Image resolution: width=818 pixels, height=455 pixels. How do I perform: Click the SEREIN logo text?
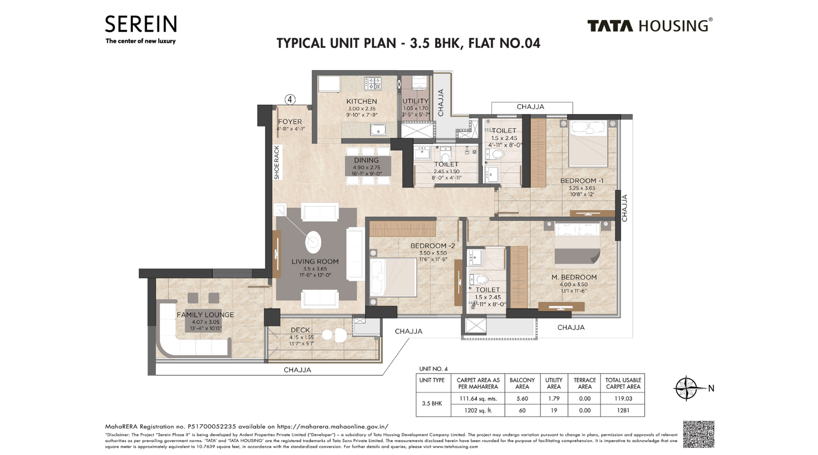pyautogui.click(x=141, y=24)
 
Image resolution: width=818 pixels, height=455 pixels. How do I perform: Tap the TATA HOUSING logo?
pyautogui.click(x=649, y=26)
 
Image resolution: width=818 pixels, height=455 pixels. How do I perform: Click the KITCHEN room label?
pyautogui.click(x=361, y=101)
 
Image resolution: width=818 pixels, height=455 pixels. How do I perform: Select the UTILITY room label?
pyautogui.click(x=415, y=101)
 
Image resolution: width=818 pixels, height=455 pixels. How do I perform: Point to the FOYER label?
pyautogui.click(x=290, y=122)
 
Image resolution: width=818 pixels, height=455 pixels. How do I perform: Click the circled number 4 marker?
pyautogui.click(x=290, y=99)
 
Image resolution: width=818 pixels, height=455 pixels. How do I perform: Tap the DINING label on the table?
pyautogui.click(x=366, y=160)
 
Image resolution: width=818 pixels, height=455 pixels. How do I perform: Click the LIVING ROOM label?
pyautogui.click(x=315, y=262)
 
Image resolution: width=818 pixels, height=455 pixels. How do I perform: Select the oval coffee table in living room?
pyautogui.click(x=313, y=242)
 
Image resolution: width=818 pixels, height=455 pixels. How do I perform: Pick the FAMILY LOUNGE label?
pyautogui.click(x=205, y=315)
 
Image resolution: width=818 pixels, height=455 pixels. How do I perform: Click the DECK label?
pyautogui.click(x=301, y=330)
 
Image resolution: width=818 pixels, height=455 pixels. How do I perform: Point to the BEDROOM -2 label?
pyautogui.click(x=433, y=246)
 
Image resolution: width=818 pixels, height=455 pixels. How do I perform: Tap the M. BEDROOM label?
pyautogui.click(x=574, y=277)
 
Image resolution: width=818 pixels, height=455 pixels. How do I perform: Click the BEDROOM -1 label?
pyautogui.click(x=581, y=181)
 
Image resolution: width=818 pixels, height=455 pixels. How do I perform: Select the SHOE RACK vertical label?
pyautogui.click(x=277, y=162)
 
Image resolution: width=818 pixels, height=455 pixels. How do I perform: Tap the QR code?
pyautogui.click(x=698, y=435)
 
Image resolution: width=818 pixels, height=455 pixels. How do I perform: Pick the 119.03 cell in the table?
pyautogui.click(x=623, y=398)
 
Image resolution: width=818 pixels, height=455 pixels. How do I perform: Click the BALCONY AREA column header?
pyautogui.click(x=522, y=383)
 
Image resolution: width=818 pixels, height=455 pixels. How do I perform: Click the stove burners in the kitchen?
pyautogui.click(x=373, y=83)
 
